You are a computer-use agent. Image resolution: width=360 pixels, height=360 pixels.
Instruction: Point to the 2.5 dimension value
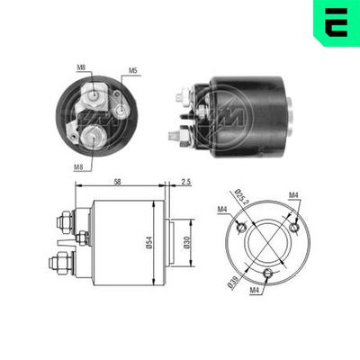(x=185, y=182)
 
